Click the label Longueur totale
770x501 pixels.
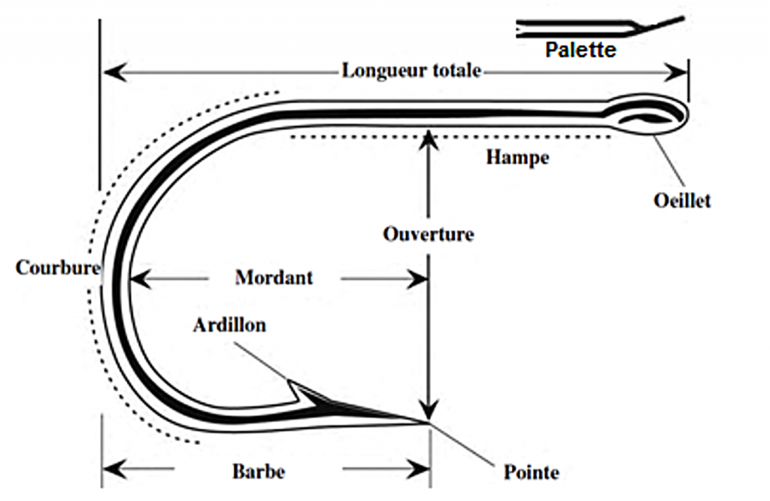(411, 71)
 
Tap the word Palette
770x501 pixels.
(581, 50)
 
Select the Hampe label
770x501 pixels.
(517, 158)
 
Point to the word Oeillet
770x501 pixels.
(682, 201)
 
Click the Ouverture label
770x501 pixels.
(428, 234)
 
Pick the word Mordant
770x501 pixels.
(274, 278)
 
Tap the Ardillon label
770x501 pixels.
(229, 326)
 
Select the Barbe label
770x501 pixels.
(258, 472)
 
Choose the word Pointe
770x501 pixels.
(531, 472)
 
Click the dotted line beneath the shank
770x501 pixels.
(451, 138)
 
